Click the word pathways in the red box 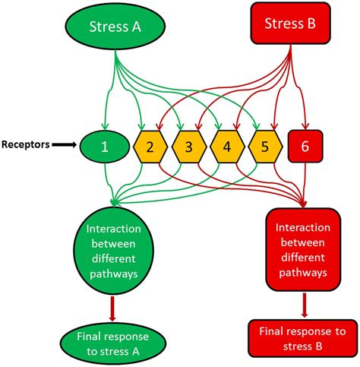(304, 271)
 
